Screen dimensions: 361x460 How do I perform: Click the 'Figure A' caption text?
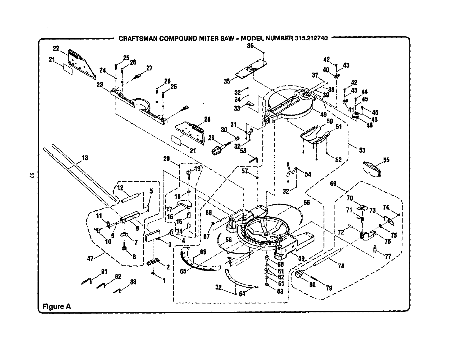click(56, 306)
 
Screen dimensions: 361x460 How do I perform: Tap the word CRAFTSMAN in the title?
click(135, 38)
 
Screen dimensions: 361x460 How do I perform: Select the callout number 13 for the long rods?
click(85, 158)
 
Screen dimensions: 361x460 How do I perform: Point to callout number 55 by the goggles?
click(386, 160)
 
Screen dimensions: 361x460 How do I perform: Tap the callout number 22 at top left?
click(56, 48)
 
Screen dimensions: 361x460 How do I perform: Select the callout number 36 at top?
click(250, 45)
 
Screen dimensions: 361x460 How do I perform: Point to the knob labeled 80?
click(299, 274)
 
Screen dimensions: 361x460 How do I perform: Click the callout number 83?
click(133, 282)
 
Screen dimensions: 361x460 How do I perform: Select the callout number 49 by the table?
click(323, 115)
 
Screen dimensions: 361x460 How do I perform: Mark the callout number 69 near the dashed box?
click(333, 184)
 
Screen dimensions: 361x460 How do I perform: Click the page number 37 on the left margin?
click(32, 175)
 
